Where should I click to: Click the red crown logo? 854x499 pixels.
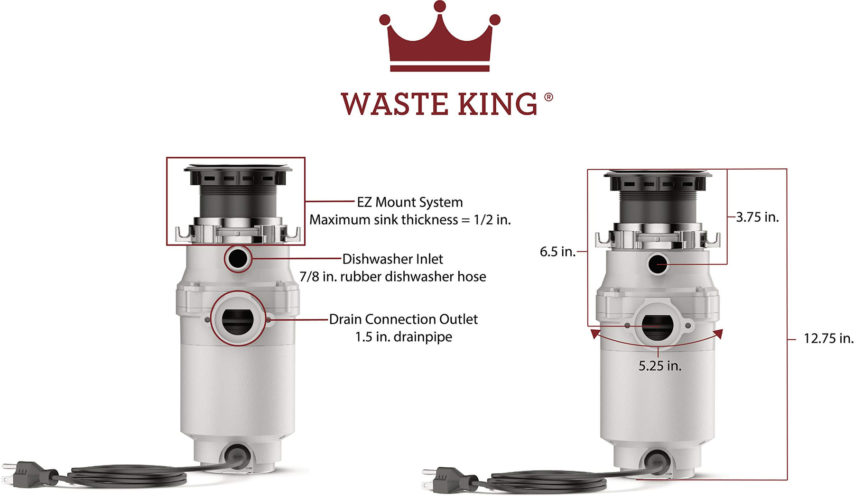click(439, 36)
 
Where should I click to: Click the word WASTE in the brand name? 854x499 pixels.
click(394, 104)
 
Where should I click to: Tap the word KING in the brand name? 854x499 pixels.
click(497, 104)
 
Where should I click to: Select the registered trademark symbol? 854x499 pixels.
click(548, 97)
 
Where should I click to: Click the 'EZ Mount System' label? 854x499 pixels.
click(409, 202)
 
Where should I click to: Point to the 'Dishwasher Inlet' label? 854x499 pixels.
click(392, 259)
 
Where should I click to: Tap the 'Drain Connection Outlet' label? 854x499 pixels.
click(403, 319)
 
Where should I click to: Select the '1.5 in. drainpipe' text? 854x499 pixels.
click(404, 337)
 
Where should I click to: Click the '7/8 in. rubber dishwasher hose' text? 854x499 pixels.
click(393, 277)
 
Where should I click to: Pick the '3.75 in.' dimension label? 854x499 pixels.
click(757, 217)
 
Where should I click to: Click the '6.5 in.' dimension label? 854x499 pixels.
click(557, 252)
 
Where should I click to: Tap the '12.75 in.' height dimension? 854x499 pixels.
click(828, 338)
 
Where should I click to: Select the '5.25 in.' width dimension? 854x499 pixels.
click(659, 366)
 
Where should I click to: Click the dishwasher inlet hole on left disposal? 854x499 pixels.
click(238, 258)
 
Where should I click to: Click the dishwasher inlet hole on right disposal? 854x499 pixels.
click(658, 263)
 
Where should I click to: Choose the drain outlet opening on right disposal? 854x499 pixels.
click(657, 327)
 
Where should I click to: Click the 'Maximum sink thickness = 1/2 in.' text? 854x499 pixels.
click(410, 220)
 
